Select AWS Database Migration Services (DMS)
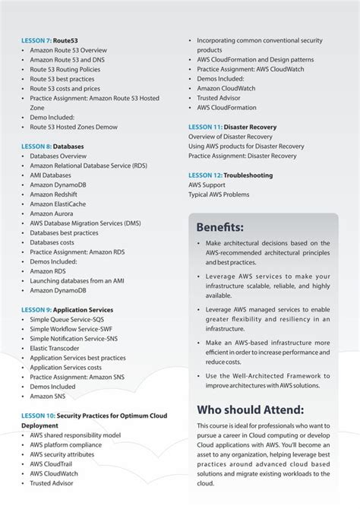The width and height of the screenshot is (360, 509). (85, 224)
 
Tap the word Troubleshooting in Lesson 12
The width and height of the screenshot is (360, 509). (250, 175)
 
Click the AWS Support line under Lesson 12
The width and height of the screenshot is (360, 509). (208, 185)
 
